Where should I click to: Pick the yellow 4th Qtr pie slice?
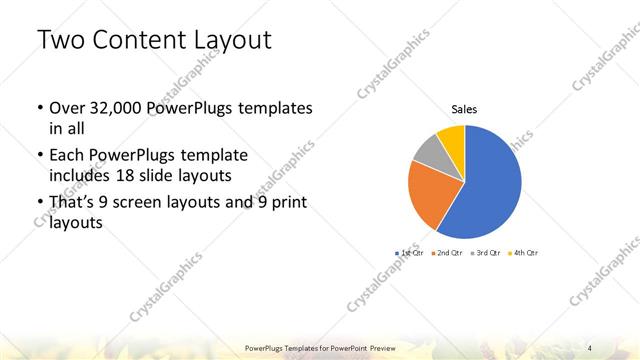[x=452, y=138]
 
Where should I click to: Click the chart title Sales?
[x=465, y=109]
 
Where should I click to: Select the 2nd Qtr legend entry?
[x=446, y=253]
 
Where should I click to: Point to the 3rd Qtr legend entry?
[x=485, y=253]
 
